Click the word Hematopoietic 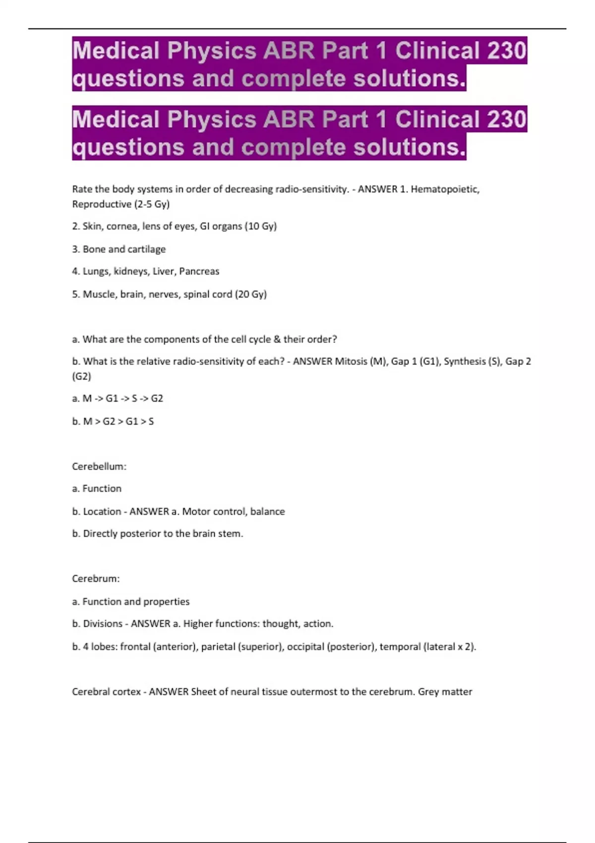pos(445,189)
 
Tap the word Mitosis pos(351,361)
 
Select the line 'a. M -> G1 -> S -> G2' pos(118,398)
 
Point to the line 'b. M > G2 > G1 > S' pos(113,421)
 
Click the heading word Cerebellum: pos(99,466)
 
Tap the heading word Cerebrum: pos(96,578)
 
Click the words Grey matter pos(445,691)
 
